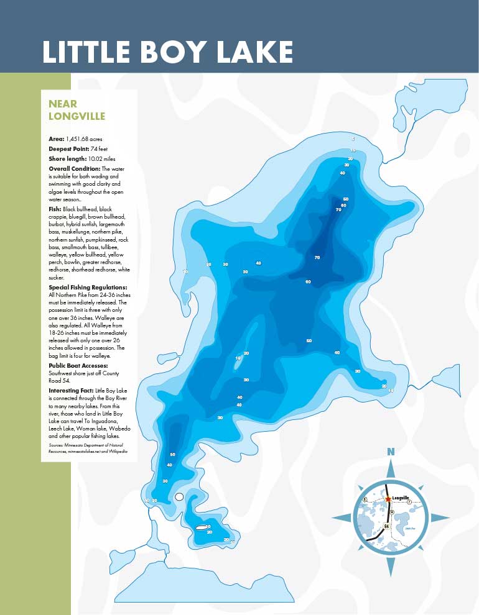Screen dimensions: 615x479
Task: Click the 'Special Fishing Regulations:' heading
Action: tap(88, 288)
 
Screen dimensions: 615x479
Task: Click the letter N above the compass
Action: tap(391, 452)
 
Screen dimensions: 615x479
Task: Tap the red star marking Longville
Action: tap(388, 499)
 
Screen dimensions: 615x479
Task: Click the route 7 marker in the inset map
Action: tap(409, 501)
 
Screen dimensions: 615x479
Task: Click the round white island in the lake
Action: tap(179, 496)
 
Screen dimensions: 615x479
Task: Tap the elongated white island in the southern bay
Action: tap(200, 527)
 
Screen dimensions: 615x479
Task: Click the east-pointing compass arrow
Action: tap(440, 517)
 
